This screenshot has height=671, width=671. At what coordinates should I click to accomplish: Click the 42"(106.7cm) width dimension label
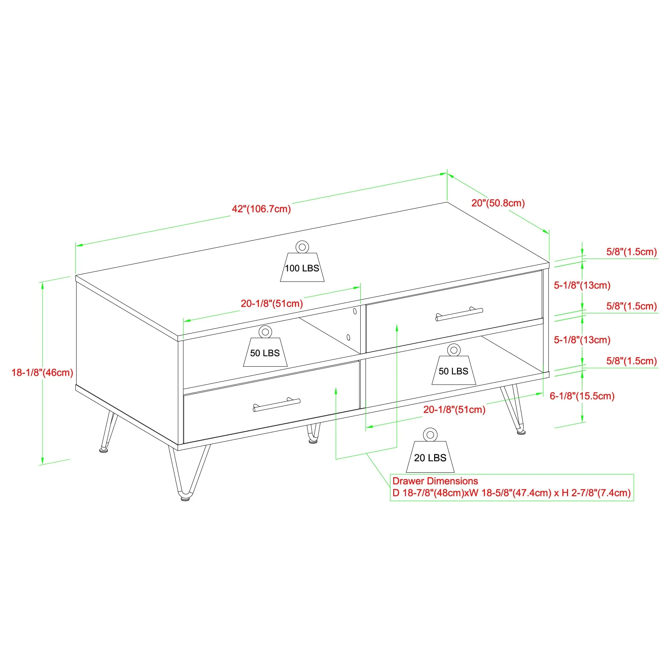[x=261, y=209]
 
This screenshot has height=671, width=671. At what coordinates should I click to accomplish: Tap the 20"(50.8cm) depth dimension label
[x=498, y=203]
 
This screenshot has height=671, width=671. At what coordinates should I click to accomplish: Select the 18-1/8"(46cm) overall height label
[x=42, y=373]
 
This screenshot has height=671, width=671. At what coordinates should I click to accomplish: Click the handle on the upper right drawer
[x=459, y=314]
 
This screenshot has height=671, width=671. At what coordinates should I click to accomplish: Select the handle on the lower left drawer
[x=276, y=405]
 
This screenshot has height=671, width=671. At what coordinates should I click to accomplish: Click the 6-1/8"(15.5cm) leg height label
[x=582, y=396]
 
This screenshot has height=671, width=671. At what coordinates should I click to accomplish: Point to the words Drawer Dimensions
[x=435, y=481]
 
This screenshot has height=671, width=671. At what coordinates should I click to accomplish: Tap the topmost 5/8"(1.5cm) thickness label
[x=631, y=252]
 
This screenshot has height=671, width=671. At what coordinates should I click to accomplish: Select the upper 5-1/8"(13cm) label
[x=582, y=286]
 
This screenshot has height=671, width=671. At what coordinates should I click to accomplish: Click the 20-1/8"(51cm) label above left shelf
[x=272, y=304]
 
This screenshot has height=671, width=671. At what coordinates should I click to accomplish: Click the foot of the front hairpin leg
[x=186, y=499]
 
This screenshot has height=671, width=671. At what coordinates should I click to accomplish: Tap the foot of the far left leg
[x=103, y=451]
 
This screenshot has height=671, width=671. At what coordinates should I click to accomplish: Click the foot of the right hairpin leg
[x=521, y=432]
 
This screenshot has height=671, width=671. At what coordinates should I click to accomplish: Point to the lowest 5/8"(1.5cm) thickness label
[x=631, y=361]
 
